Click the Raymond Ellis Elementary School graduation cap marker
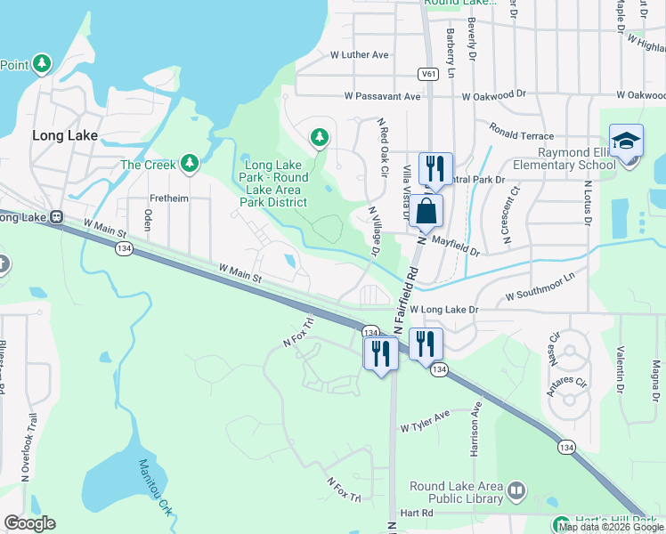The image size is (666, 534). point(626,142)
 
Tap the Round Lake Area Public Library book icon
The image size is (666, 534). point(516,490)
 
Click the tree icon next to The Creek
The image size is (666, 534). point(188,164)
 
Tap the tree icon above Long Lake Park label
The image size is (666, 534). point(319,137)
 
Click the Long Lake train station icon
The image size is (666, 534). point(56,217)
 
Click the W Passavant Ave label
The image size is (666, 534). point(382,95)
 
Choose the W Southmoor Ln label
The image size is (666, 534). point(540,293)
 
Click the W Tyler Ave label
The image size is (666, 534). point(426,428)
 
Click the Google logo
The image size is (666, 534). point(29,523)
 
